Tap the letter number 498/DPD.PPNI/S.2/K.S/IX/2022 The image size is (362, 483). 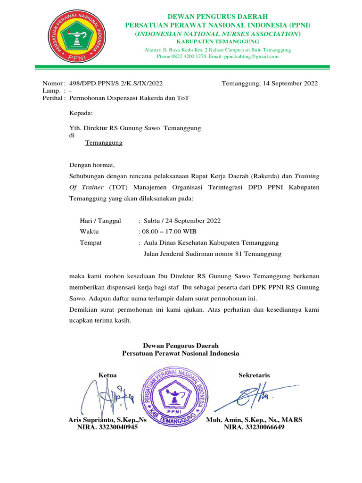(116, 83)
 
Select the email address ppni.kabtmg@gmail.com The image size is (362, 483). (252, 56)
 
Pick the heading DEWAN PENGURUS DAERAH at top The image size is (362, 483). (217, 17)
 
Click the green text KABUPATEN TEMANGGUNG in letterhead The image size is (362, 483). (217, 42)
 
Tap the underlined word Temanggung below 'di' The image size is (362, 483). (104, 142)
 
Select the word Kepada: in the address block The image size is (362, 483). (81, 113)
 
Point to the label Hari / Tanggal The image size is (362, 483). (100, 220)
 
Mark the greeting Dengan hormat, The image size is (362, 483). (91, 165)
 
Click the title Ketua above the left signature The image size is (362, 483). (107, 375)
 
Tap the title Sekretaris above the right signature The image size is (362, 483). (254, 375)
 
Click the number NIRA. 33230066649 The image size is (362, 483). (254, 427)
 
